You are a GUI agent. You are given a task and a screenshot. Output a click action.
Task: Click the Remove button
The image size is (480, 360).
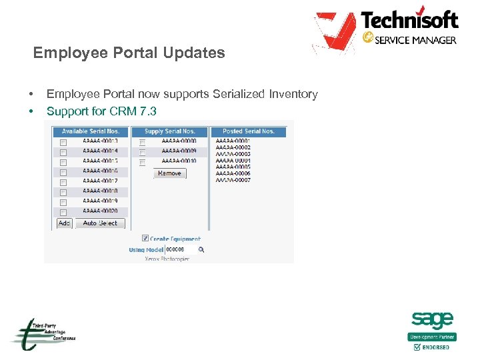(169, 173)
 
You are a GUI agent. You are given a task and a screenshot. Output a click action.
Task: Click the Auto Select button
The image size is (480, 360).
(100, 223)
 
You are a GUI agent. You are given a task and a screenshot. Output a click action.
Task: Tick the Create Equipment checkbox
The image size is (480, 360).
(145, 238)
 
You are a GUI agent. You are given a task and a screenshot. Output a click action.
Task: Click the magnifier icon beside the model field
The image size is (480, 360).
(201, 250)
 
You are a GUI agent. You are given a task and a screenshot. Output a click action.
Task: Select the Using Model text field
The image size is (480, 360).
(180, 250)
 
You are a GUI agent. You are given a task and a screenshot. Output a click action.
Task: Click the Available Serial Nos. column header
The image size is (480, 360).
(91, 131)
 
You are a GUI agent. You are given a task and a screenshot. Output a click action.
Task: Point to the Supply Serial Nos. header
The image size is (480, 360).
(170, 131)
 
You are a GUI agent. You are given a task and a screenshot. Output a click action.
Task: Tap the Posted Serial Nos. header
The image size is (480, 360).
(249, 131)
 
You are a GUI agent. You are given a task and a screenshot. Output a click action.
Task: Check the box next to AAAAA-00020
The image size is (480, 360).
(63, 211)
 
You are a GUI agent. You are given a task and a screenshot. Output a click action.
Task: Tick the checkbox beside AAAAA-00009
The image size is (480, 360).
(142, 152)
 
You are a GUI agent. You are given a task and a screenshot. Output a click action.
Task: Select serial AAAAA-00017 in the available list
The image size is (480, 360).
(100, 181)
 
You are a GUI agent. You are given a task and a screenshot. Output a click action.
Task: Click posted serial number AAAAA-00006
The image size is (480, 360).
(233, 173)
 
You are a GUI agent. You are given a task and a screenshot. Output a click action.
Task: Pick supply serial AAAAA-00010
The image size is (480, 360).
(179, 161)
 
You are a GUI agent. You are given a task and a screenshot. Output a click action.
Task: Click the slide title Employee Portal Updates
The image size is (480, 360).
(129, 53)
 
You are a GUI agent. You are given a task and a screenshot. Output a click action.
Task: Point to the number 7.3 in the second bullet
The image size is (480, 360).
(148, 111)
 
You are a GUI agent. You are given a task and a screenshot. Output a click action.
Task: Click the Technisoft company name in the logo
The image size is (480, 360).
(409, 19)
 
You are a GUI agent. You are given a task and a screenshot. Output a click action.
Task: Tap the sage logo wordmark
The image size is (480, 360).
(432, 320)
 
